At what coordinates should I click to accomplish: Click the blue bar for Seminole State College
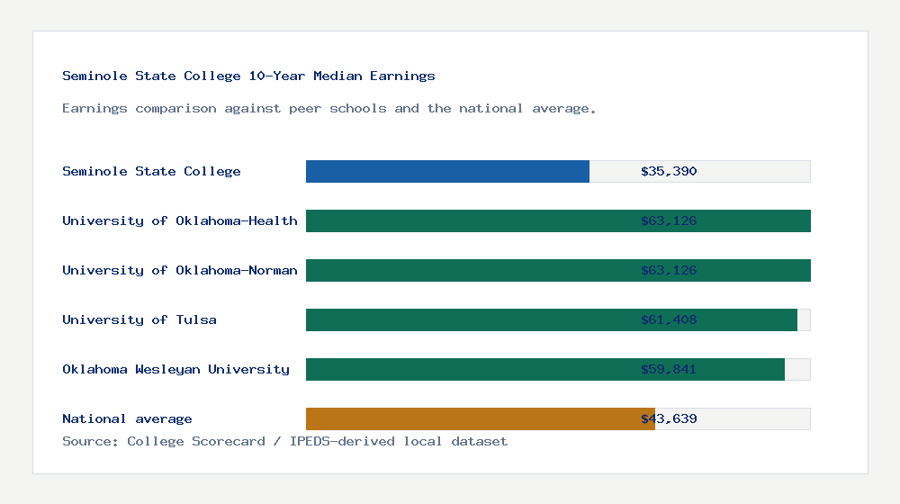click(447, 171)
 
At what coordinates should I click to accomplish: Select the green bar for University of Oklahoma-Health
click(468, 220)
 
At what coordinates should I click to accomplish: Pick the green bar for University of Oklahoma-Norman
click(468, 270)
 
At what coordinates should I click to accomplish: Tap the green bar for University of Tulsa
click(468, 319)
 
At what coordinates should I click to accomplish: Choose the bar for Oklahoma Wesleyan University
click(468, 369)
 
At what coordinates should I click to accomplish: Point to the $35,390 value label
click(669, 171)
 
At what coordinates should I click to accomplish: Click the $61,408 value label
click(669, 319)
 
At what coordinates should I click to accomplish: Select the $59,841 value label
click(669, 369)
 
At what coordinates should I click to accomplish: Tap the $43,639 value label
click(669, 418)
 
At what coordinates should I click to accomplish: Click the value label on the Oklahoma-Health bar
click(669, 220)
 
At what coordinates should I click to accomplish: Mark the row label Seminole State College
click(151, 171)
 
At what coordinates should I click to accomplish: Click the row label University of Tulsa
click(139, 319)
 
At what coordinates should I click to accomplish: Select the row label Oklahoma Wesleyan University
click(175, 369)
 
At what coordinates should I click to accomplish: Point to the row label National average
click(127, 418)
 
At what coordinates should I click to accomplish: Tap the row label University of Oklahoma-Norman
click(180, 270)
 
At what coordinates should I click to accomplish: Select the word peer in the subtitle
click(305, 109)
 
